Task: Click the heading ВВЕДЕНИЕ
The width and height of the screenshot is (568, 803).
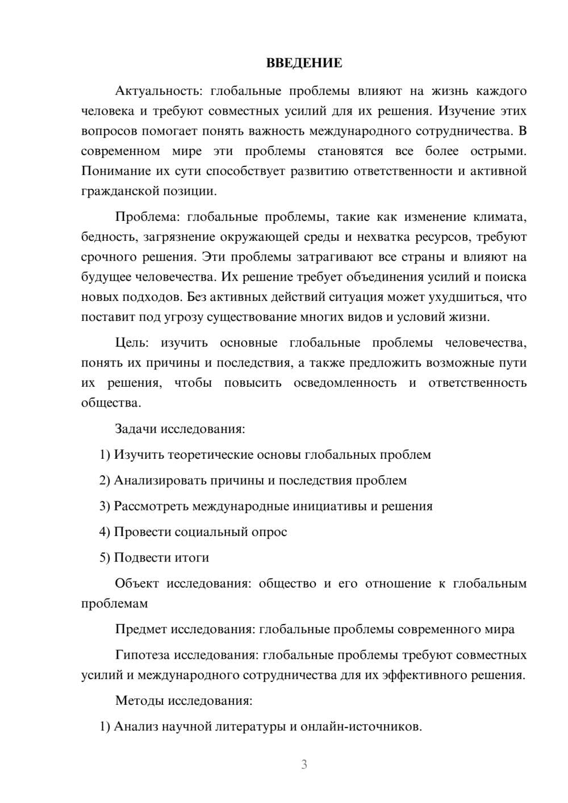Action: (304, 63)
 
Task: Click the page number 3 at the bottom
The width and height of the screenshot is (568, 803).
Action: (304, 764)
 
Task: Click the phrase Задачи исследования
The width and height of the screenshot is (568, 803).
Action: (180, 429)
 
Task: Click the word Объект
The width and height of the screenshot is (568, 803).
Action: (136, 584)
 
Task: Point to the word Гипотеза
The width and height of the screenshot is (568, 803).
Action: (143, 655)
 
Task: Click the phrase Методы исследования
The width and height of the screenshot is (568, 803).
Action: (183, 700)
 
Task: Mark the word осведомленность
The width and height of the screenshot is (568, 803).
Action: (345, 383)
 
